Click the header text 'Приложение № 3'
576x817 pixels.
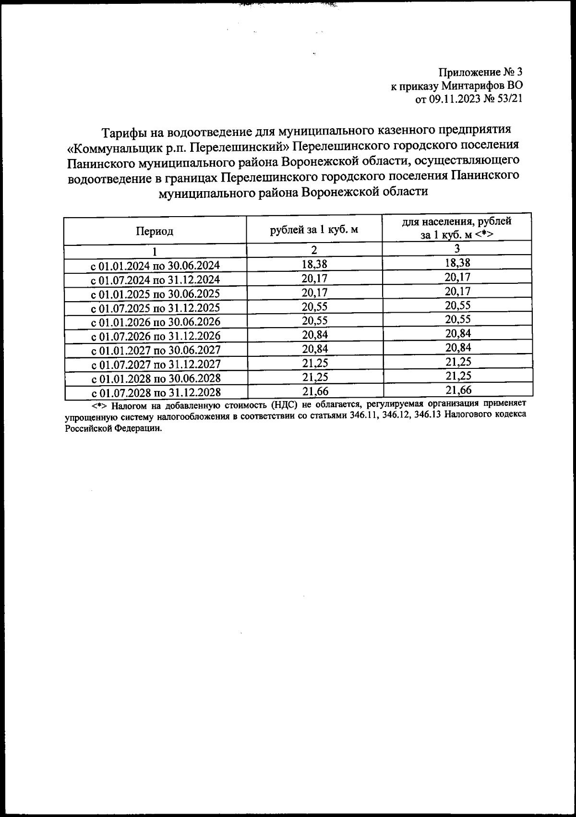tap(480, 73)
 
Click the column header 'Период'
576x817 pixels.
tap(155, 232)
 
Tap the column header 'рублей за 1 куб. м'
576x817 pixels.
tap(314, 229)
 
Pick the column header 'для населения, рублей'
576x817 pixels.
tap(457, 221)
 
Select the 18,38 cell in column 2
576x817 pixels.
tap(314, 263)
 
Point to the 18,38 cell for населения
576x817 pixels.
tap(457, 263)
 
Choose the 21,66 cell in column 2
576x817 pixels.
tap(314, 390)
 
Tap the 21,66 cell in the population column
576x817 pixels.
tap(458, 390)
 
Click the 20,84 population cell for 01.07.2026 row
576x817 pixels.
tap(457, 333)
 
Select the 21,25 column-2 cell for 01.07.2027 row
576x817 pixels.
tap(314, 362)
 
